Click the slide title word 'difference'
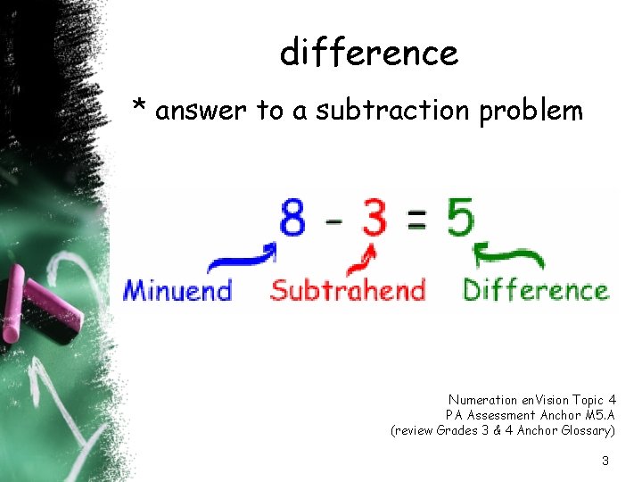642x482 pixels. [x=368, y=54]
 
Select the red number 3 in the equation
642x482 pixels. [x=374, y=217]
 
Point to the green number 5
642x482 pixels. [x=460, y=217]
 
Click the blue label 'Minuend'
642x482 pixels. [x=177, y=291]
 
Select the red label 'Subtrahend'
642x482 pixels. [x=348, y=291]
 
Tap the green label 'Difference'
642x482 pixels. [x=535, y=291]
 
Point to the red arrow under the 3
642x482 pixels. [x=361, y=260]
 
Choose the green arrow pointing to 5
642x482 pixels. [x=509, y=257]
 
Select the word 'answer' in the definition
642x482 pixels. [x=202, y=111]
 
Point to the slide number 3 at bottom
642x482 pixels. [x=605, y=461]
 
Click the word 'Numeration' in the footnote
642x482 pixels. [x=482, y=400]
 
